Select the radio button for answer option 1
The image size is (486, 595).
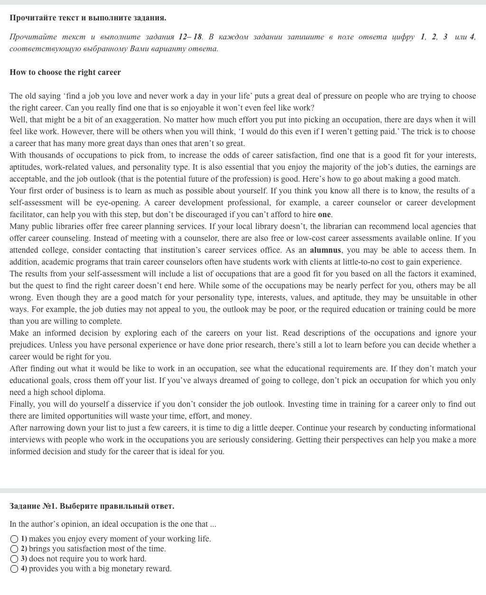point(14,539)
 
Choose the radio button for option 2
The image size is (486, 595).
point(14,549)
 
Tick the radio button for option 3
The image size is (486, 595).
point(14,559)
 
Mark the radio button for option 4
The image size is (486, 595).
point(14,569)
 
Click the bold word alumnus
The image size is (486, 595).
point(325,250)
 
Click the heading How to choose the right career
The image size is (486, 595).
point(65,72)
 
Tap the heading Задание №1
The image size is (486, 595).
point(92,506)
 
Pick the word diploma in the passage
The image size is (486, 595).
point(90,392)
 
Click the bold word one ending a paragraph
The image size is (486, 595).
point(324,214)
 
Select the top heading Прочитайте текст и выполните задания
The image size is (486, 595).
point(88,18)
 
